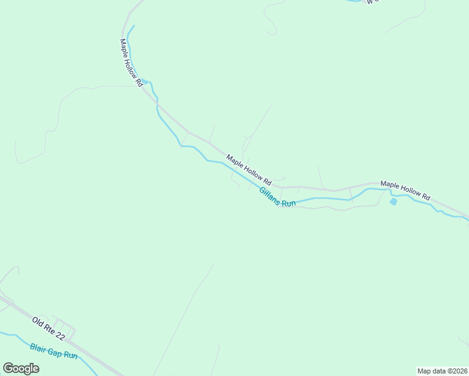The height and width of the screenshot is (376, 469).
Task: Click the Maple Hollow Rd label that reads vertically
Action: click(131, 63)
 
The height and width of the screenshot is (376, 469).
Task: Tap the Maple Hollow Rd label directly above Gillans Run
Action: click(248, 169)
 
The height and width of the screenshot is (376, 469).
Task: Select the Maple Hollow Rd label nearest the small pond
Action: click(406, 191)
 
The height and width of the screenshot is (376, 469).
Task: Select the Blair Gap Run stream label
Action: click(53, 350)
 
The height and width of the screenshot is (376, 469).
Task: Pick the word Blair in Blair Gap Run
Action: click(38, 346)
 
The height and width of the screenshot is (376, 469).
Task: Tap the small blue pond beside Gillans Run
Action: click(393, 201)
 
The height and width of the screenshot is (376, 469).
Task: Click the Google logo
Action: click(21, 368)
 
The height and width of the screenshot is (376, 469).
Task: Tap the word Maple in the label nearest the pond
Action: click(389, 185)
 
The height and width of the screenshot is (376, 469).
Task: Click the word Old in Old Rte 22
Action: click(38, 322)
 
